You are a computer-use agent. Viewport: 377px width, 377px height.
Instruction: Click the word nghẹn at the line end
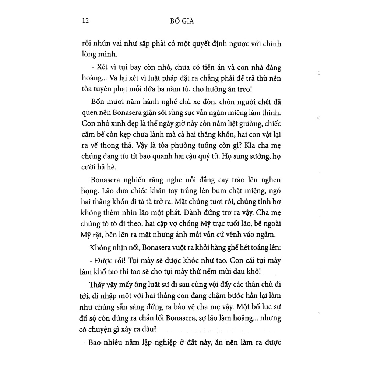pyautogui.click(x=271, y=180)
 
